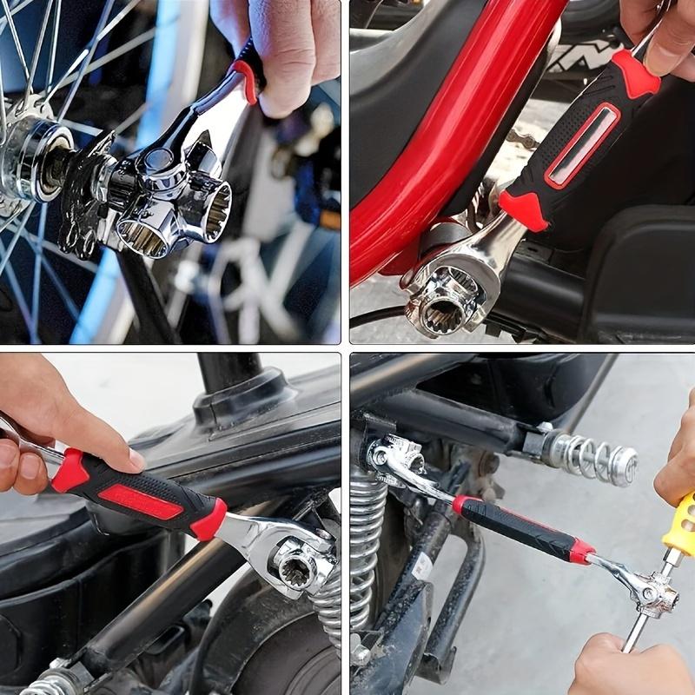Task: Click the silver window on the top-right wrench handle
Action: (583, 144)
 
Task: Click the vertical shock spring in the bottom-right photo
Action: (366, 547)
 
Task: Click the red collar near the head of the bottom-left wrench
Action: (208, 520)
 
